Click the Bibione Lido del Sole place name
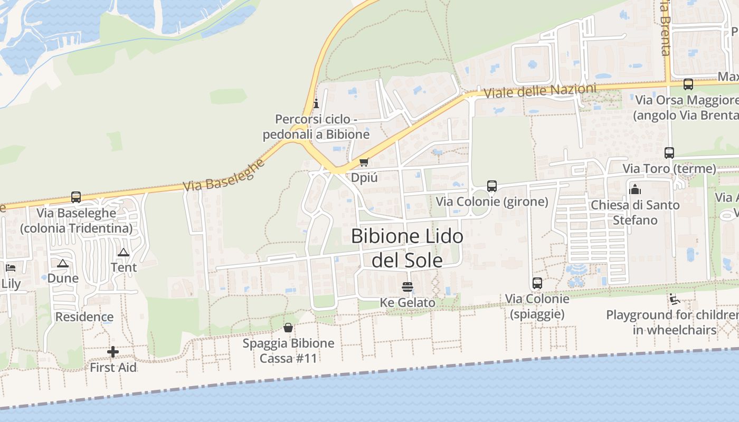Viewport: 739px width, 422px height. [x=407, y=247]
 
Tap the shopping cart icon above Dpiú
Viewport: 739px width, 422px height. [x=363, y=162]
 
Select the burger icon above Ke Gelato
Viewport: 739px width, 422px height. [x=407, y=287]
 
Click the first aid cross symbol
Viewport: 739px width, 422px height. [x=112, y=352]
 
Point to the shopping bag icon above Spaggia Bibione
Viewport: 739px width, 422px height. [x=288, y=328]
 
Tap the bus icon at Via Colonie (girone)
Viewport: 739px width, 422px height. [x=491, y=186]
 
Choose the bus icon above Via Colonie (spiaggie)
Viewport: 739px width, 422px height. [x=537, y=283]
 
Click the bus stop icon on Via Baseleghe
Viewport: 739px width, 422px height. [x=76, y=197]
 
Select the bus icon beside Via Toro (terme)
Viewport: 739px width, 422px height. [x=669, y=153]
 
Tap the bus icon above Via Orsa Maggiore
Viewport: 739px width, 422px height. [x=688, y=84]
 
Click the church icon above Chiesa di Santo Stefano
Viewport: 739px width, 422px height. [x=635, y=189]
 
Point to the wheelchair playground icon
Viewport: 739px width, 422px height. [x=674, y=299]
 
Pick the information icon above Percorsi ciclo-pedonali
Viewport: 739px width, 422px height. [x=316, y=103]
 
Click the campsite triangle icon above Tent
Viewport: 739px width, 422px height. [x=124, y=252]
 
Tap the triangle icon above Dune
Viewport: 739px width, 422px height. [x=63, y=263]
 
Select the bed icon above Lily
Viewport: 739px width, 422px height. [x=10, y=268]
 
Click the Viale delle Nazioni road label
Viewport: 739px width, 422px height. [x=539, y=91]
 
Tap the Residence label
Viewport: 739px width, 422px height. [x=84, y=317]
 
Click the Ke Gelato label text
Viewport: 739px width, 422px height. [x=408, y=303]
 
